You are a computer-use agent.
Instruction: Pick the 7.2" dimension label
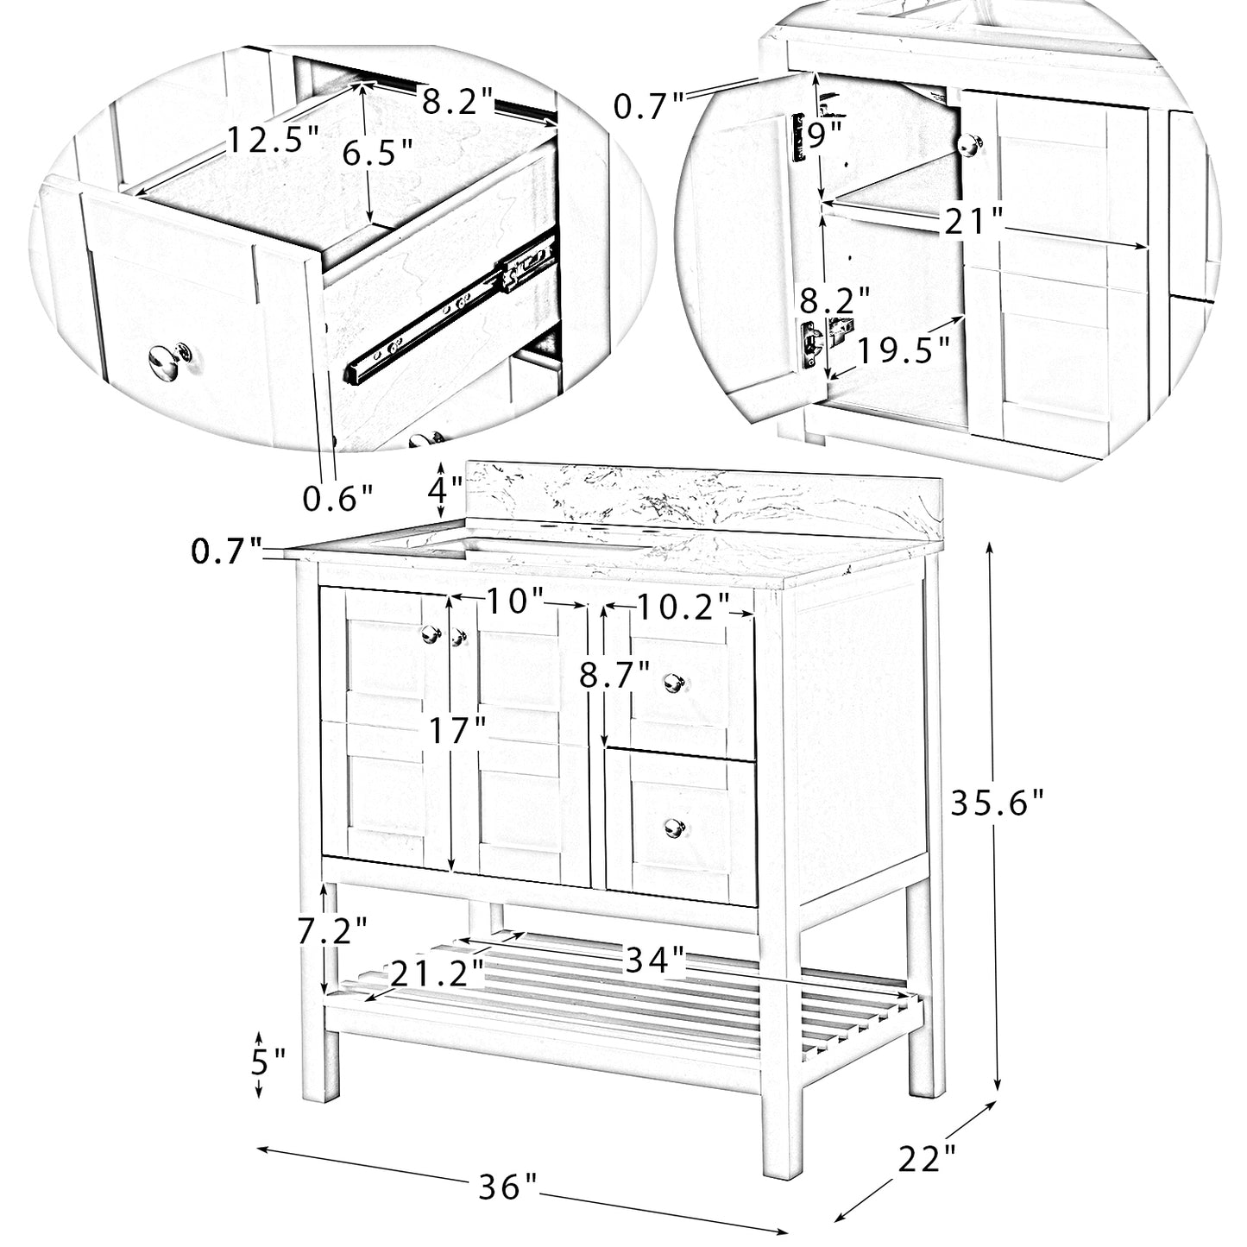332,930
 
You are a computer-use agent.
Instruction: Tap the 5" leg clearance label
268,1060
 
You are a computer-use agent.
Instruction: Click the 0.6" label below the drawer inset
337,497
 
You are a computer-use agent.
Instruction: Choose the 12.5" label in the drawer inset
273,138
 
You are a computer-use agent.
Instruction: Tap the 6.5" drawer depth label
377,154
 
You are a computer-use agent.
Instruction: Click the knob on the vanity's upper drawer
674,682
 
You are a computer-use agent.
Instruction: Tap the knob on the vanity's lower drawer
674,827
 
